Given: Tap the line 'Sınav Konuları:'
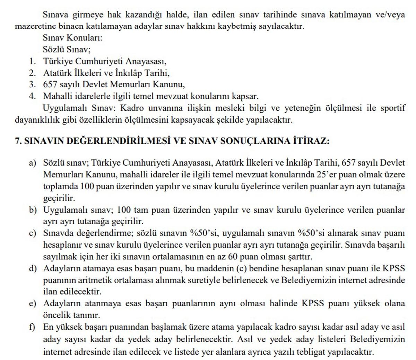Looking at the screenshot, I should [72, 38].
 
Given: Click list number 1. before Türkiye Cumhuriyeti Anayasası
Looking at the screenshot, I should [33, 61].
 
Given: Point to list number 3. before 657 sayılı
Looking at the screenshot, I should [33, 84].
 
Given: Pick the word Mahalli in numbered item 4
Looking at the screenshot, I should [56, 96].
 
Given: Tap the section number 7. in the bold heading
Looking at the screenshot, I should [18, 141].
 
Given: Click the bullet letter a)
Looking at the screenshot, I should [33, 163].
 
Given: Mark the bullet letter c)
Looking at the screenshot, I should [33, 233].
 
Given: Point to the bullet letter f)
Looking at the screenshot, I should [33, 327].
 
